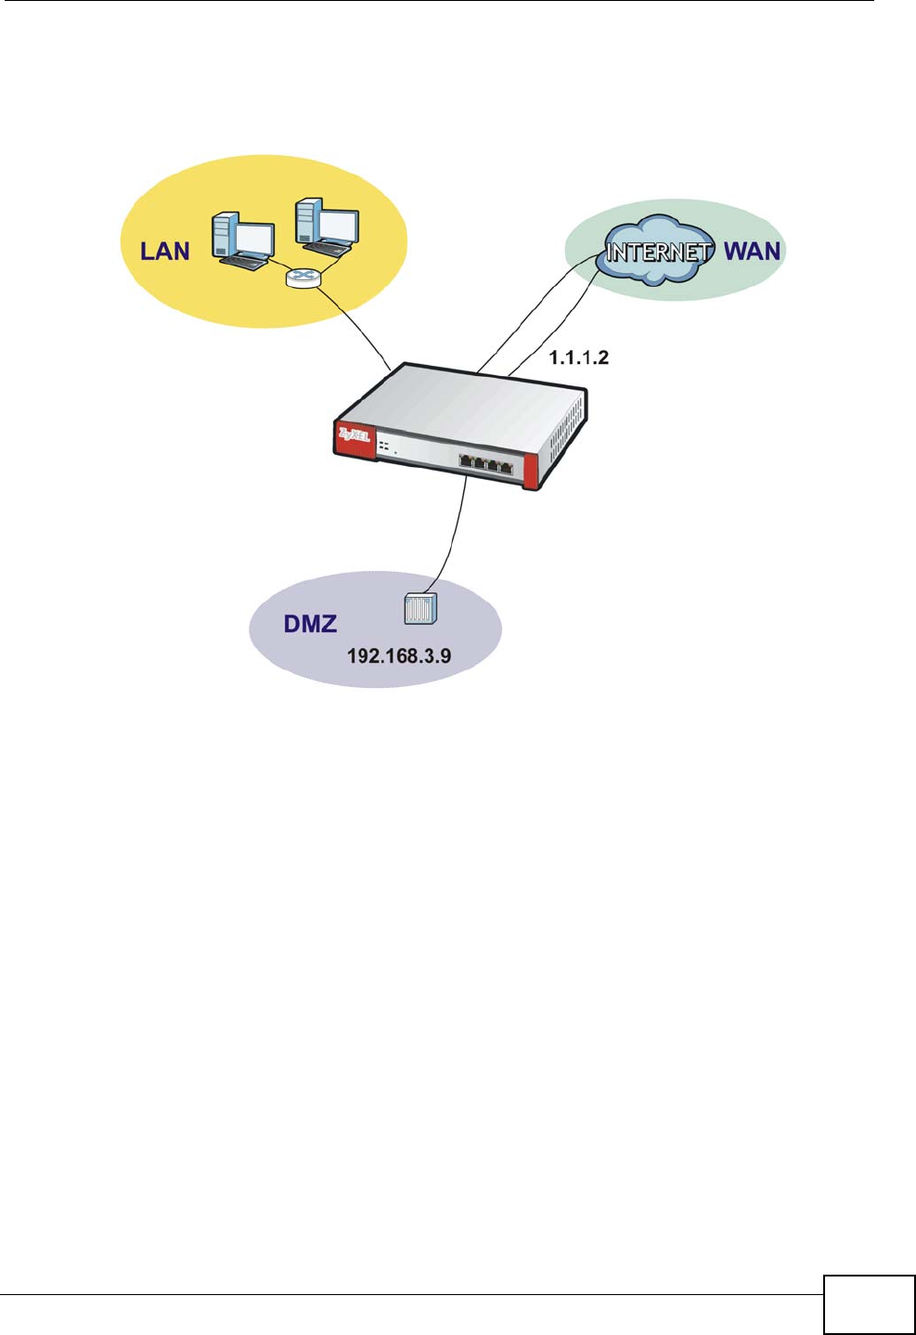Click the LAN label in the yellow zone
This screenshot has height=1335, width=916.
[164, 252]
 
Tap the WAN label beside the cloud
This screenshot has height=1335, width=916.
[752, 251]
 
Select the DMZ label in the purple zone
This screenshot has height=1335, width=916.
[310, 624]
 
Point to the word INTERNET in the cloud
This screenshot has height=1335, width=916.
[659, 251]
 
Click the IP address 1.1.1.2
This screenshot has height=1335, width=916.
[579, 358]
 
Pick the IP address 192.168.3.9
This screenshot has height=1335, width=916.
[399, 656]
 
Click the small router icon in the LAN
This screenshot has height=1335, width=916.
[301, 277]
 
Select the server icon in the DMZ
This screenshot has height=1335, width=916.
[420, 609]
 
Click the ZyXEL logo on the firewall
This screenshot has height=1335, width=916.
[354, 434]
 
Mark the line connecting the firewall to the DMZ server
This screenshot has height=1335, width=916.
[456, 538]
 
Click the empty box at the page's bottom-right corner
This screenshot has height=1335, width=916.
[869, 1304]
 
